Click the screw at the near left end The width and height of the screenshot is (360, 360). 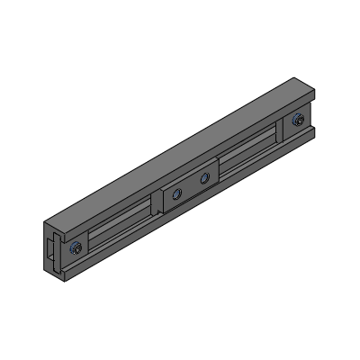[x=79, y=249]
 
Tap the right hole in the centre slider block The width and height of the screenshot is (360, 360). [x=205, y=178]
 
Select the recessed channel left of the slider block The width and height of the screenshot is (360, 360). [x=117, y=226]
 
